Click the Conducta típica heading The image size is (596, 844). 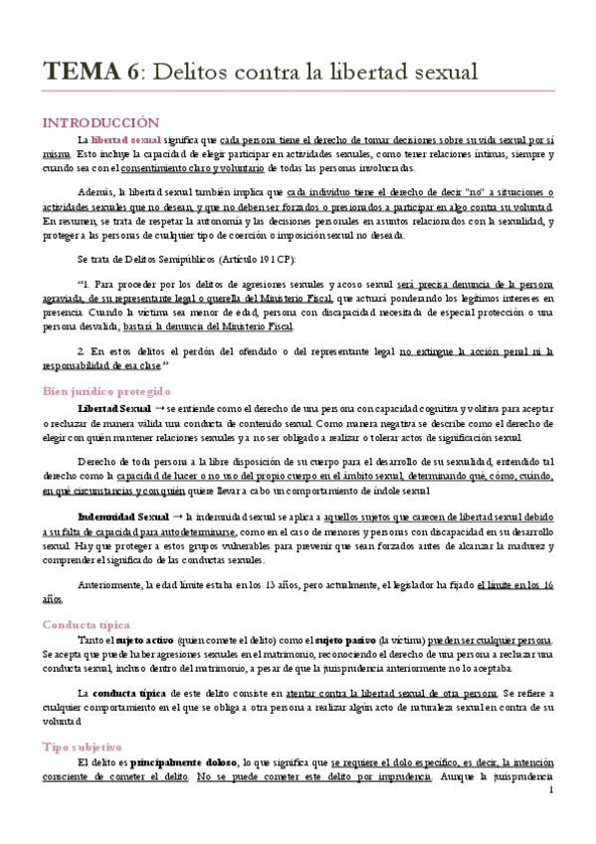pos(85,624)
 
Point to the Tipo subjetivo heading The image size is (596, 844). pos(82,746)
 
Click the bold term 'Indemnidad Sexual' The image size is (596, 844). pos(122,518)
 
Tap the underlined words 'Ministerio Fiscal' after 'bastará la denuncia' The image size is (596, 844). pos(253,325)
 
